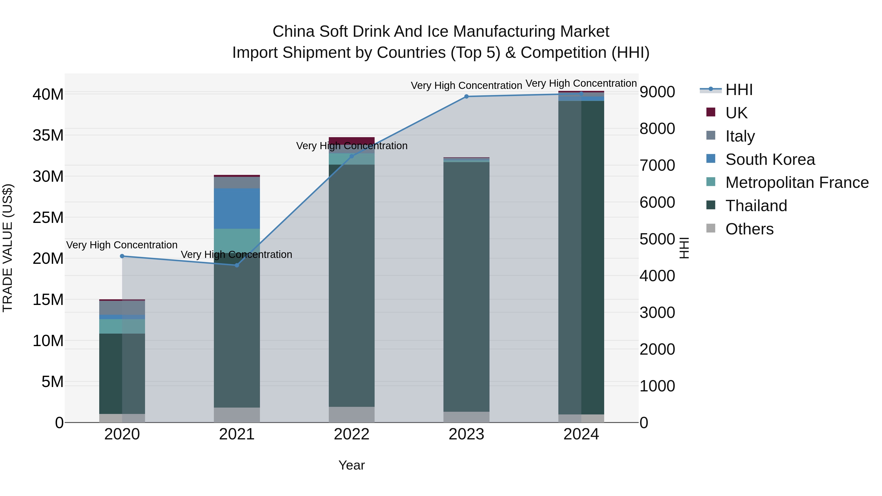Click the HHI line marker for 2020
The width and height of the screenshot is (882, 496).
pos(122,256)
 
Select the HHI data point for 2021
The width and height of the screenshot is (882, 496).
pos(237,265)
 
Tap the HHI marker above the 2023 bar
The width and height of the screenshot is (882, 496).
pos(466,97)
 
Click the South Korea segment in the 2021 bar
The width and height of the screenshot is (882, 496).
pos(237,208)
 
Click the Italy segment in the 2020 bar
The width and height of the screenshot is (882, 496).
pos(122,308)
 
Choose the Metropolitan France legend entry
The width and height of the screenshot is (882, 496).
pos(796,182)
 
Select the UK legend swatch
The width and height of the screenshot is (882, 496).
pos(711,112)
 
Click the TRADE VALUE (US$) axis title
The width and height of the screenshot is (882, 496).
pos(8,248)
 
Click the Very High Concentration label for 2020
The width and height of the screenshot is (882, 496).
pos(122,245)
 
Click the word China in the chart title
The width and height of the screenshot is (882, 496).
pos(294,32)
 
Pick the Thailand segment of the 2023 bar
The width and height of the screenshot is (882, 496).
pos(466,287)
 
